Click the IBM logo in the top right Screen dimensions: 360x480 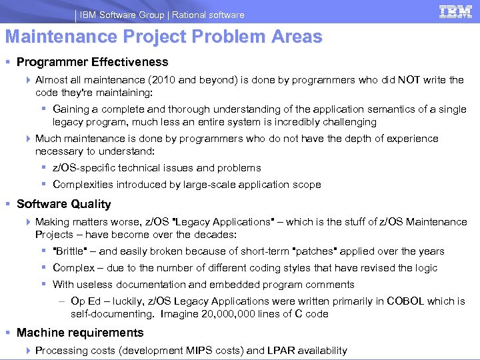456,12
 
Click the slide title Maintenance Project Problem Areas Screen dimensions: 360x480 163,37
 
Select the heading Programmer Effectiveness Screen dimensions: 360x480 92,62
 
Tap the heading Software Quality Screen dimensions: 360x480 63,204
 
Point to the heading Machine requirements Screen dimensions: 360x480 80,333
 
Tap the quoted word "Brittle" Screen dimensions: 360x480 73,251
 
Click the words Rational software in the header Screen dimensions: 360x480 213,15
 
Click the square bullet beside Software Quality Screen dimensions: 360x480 9,205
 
